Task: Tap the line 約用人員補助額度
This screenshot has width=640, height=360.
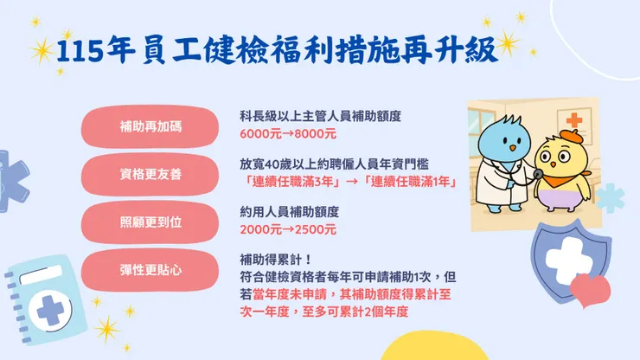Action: tap(289, 211)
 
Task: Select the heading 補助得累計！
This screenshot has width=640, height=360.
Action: tap(276, 259)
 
